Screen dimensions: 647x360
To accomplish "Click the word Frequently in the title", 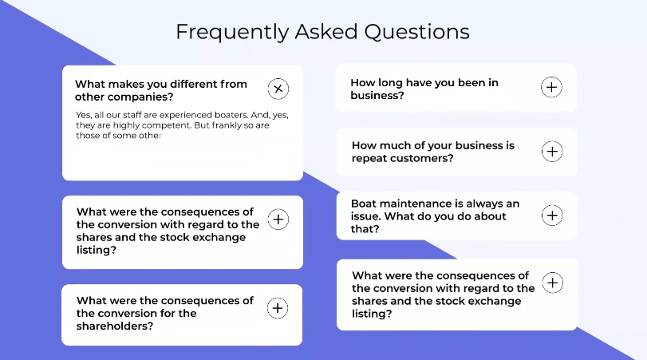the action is coord(232,32).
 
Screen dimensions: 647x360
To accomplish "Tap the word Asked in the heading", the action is coord(326,31).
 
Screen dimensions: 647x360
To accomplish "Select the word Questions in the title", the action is coord(416,32).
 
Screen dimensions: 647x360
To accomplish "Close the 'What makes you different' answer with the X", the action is coord(278,89).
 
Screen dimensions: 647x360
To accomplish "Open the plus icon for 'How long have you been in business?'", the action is coord(552,87).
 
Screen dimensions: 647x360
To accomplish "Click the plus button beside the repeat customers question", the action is coord(552,151).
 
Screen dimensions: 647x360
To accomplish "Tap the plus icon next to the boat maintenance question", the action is coord(552,215).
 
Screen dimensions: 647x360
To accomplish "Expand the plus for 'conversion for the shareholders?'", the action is coord(278,308).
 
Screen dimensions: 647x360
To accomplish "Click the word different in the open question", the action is coord(193,84).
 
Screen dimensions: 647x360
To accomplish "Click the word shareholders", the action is coord(115,326).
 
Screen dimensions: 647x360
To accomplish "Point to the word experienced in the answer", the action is coord(186,115).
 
